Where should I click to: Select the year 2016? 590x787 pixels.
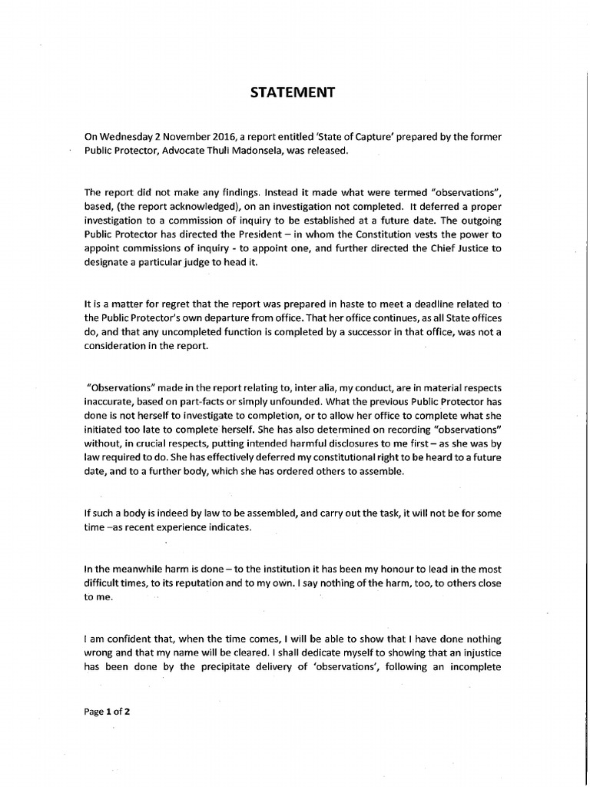(218, 137)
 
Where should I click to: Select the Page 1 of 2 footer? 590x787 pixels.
(107, 712)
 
